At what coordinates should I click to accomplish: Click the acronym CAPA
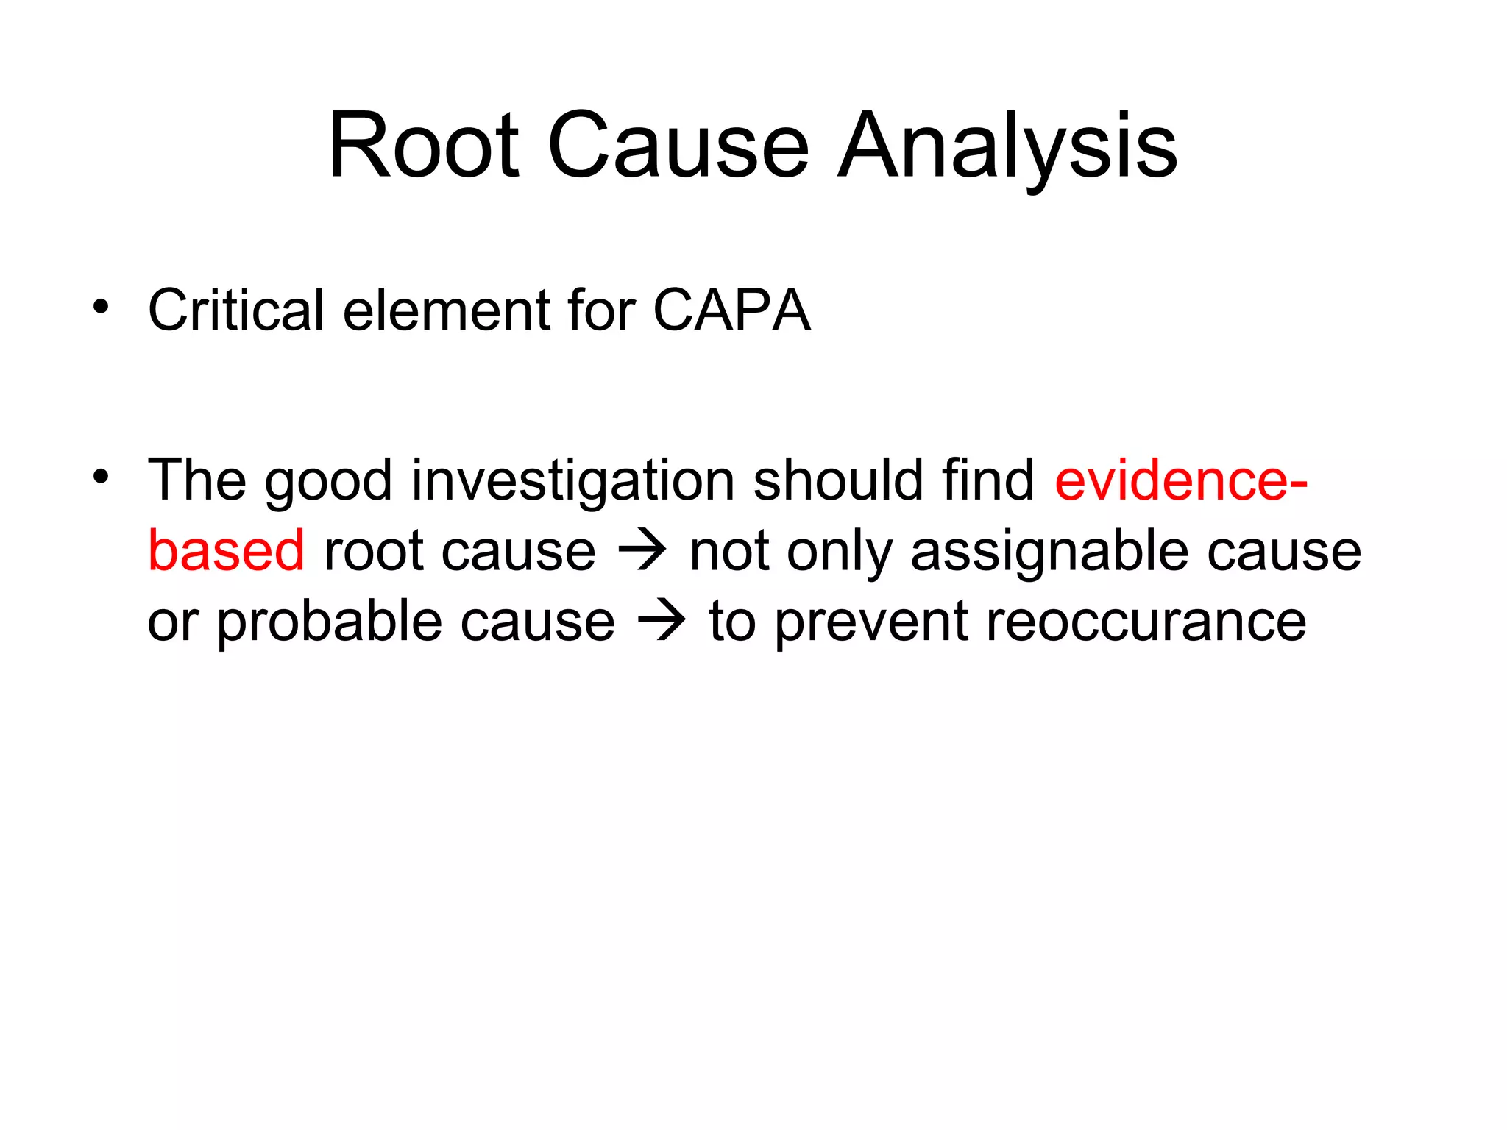[731, 310]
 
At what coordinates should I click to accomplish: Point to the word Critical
[235, 310]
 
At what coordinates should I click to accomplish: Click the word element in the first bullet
[447, 310]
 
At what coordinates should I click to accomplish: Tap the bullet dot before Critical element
[101, 307]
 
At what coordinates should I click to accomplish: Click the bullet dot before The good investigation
[101, 477]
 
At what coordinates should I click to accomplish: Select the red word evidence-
[1180, 480]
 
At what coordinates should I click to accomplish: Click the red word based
[226, 551]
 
